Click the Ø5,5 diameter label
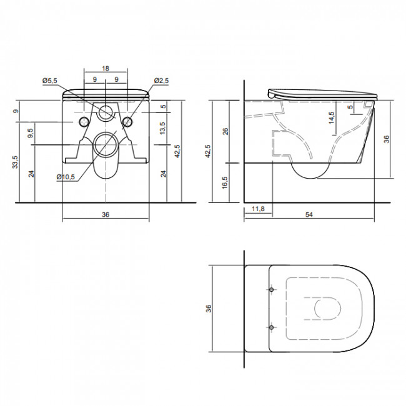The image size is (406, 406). (50, 81)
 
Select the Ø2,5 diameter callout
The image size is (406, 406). (161, 81)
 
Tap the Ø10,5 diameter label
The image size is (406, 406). (66, 177)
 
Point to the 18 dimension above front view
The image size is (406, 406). (106, 68)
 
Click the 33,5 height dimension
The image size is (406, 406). (16, 162)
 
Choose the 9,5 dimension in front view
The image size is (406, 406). (31, 133)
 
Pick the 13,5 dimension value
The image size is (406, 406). (162, 128)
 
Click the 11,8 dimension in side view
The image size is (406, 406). (258, 209)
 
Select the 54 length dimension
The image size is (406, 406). (309, 215)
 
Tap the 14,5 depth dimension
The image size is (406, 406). (331, 118)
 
